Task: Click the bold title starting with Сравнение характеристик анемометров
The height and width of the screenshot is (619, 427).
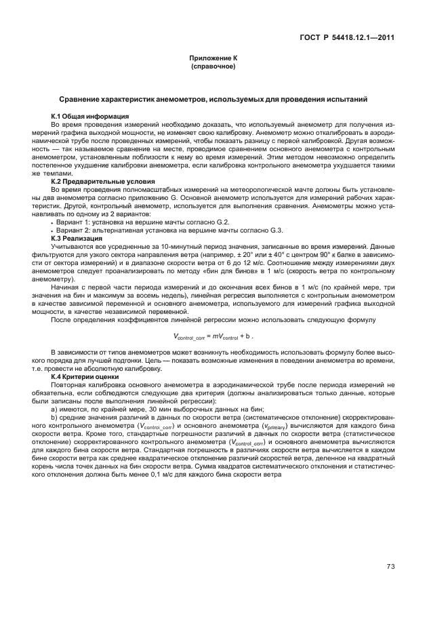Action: tap(213, 100)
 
